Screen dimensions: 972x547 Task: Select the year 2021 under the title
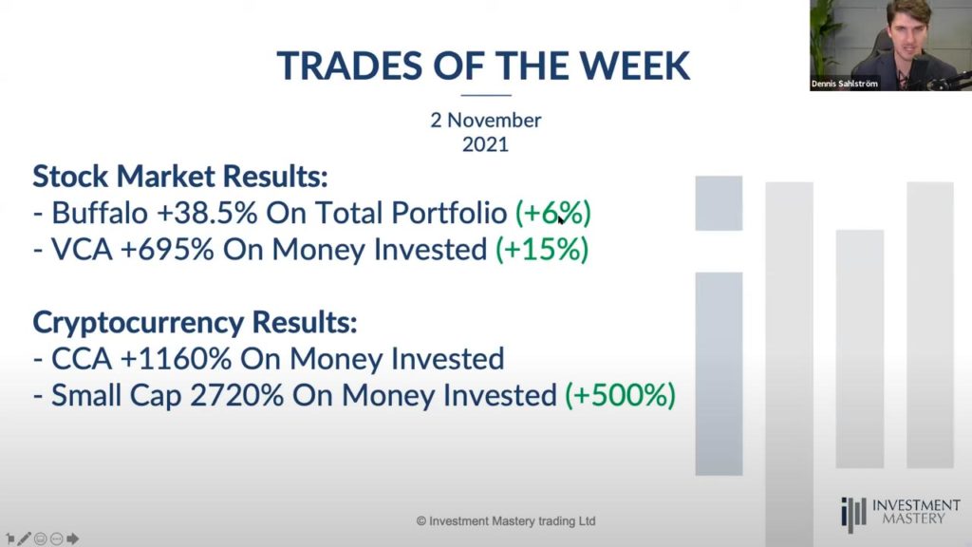[485, 144]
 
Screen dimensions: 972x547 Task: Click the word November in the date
[495, 121]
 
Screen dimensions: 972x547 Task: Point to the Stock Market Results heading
[179, 176]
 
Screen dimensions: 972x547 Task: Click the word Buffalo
[99, 213]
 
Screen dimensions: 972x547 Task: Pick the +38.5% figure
[207, 213]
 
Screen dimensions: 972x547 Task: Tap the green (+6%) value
[553, 213]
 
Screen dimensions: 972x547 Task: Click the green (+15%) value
[542, 250]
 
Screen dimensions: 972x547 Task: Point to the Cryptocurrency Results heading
[195, 323]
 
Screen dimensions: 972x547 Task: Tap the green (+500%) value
[620, 396]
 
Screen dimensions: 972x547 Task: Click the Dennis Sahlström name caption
[844, 84]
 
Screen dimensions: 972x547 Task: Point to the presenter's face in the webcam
[909, 32]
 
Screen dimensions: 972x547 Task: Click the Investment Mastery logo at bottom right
[901, 513]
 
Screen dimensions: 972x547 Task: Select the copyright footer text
[506, 521]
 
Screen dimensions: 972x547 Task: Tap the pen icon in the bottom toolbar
[24, 538]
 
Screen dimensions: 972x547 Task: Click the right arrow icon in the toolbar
[72, 538]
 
